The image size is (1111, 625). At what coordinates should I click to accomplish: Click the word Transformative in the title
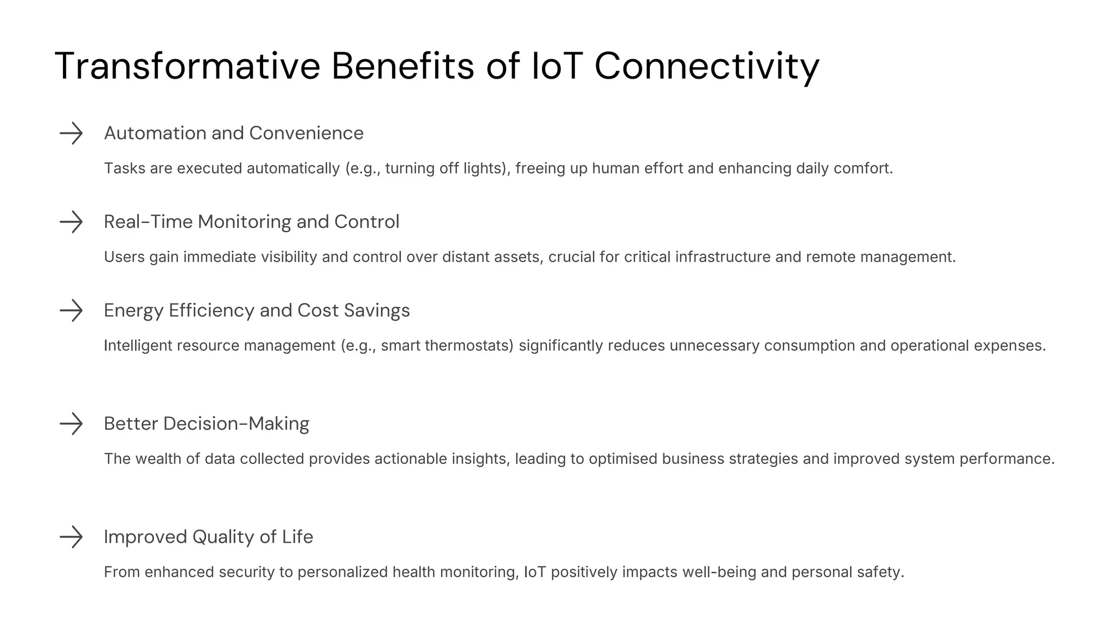pos(188,66)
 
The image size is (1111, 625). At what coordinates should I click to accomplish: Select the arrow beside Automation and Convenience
pos(71,133)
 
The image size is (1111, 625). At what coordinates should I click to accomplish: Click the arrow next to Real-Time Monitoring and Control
pos(71,222)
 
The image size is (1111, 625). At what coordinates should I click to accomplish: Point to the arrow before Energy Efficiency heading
pos(71,310)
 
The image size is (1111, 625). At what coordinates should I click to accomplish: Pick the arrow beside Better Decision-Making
pos(71,424)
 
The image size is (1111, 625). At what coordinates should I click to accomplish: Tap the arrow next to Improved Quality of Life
pos(71,537)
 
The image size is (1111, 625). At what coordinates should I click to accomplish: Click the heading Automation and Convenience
pos(234,133)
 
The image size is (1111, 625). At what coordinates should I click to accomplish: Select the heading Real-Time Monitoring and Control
pos(252,222)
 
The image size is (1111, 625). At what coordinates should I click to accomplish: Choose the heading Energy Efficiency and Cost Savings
pos(257,310)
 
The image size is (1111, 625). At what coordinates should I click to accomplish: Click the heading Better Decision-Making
pos(207,424)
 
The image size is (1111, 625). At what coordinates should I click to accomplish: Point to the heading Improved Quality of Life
pos(209,537)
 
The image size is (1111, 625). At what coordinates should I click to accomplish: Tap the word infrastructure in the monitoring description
pos(723,257)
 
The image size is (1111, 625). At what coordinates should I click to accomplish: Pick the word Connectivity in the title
pos(707,66)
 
